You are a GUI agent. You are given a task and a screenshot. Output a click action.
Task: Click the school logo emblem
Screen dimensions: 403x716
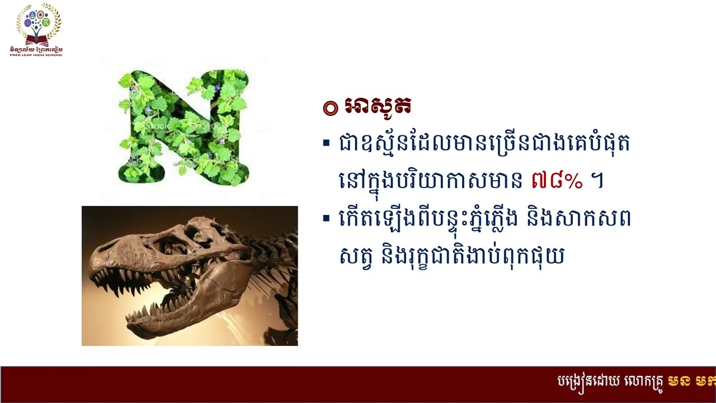39,25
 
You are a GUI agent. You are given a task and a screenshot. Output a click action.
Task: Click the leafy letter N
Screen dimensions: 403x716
183,128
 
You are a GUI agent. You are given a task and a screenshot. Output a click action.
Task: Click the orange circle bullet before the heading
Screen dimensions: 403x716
331,108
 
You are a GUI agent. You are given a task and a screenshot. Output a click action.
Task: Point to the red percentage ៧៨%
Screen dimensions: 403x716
556,181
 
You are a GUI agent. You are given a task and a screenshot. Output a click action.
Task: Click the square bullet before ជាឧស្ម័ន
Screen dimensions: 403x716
326,143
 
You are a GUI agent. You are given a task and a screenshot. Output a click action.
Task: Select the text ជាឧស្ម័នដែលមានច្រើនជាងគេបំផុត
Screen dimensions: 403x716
484,144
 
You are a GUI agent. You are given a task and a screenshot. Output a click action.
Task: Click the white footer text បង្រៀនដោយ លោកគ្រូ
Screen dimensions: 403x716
610,382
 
